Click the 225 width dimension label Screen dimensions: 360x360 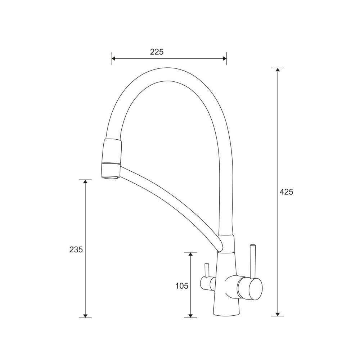(x=157, y=52)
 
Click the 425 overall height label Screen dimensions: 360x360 (x=286, y=192)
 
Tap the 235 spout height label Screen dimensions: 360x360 (x=76, y=249)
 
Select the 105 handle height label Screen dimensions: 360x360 (x=181, y=286)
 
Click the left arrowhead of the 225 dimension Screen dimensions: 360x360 (x=113, y=58)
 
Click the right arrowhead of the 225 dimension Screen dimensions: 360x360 (x=225, y=58)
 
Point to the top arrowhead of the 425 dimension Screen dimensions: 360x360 (x=278, y=69)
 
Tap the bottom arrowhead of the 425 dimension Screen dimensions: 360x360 (x=278, y=314)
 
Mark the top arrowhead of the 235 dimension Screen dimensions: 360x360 (x=85, y=181)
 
